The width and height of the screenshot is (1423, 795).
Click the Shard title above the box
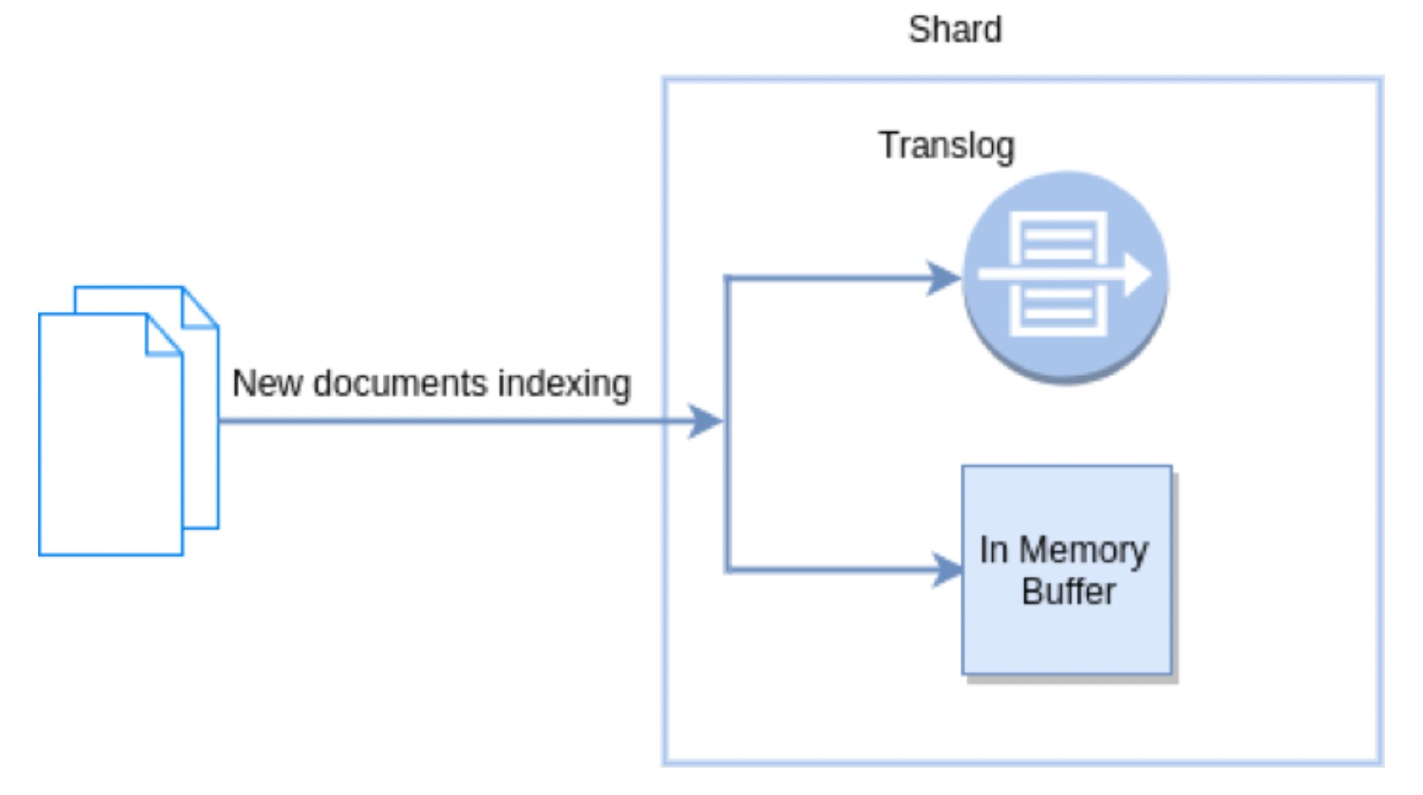955,30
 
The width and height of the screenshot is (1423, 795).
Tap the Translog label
946,146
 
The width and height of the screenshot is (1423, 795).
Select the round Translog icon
1065,277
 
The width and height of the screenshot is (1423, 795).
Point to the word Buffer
1068,592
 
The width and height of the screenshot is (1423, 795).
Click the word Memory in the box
1083,550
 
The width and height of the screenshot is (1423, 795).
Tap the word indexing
564,383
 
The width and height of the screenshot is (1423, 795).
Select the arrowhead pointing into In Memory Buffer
948,570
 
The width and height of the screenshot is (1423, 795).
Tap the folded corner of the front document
164,335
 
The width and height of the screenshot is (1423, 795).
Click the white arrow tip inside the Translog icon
1138,275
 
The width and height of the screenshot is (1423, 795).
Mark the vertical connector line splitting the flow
727,423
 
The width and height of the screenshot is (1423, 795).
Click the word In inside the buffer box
993,550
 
